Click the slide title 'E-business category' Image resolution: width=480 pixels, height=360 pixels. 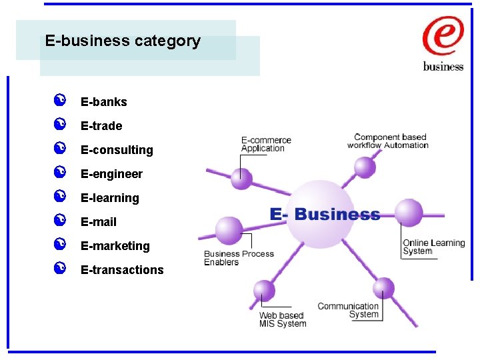[123, 41]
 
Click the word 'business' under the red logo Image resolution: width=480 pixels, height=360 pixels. [443, 67]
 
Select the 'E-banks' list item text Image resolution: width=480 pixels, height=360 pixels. [103, 102]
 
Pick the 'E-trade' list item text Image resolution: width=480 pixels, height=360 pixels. [101, 126]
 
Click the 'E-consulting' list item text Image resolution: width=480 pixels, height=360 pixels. [117, 150]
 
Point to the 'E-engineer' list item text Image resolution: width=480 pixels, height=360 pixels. [111, 174]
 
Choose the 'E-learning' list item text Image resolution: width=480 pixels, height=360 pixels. [109, 198]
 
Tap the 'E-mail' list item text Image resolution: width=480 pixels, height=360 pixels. [99, 222]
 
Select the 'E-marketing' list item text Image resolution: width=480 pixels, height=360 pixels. [115, 246]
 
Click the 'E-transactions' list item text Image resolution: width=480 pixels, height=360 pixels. [122, 270]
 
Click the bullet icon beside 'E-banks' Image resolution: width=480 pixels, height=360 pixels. [59, 101]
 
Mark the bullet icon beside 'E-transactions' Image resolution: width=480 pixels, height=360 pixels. [59, 269]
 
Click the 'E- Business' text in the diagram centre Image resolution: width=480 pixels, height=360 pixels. [325, 215]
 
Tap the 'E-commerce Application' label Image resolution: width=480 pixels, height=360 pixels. [266, 144]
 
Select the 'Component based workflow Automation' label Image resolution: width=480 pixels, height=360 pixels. [389, 141]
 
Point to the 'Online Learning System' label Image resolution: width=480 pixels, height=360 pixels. [433, 247]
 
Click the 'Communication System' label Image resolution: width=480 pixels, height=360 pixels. [348, 310]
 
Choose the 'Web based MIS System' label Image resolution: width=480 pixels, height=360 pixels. [282, 319]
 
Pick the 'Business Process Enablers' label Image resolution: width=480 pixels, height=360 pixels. [239, 258]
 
